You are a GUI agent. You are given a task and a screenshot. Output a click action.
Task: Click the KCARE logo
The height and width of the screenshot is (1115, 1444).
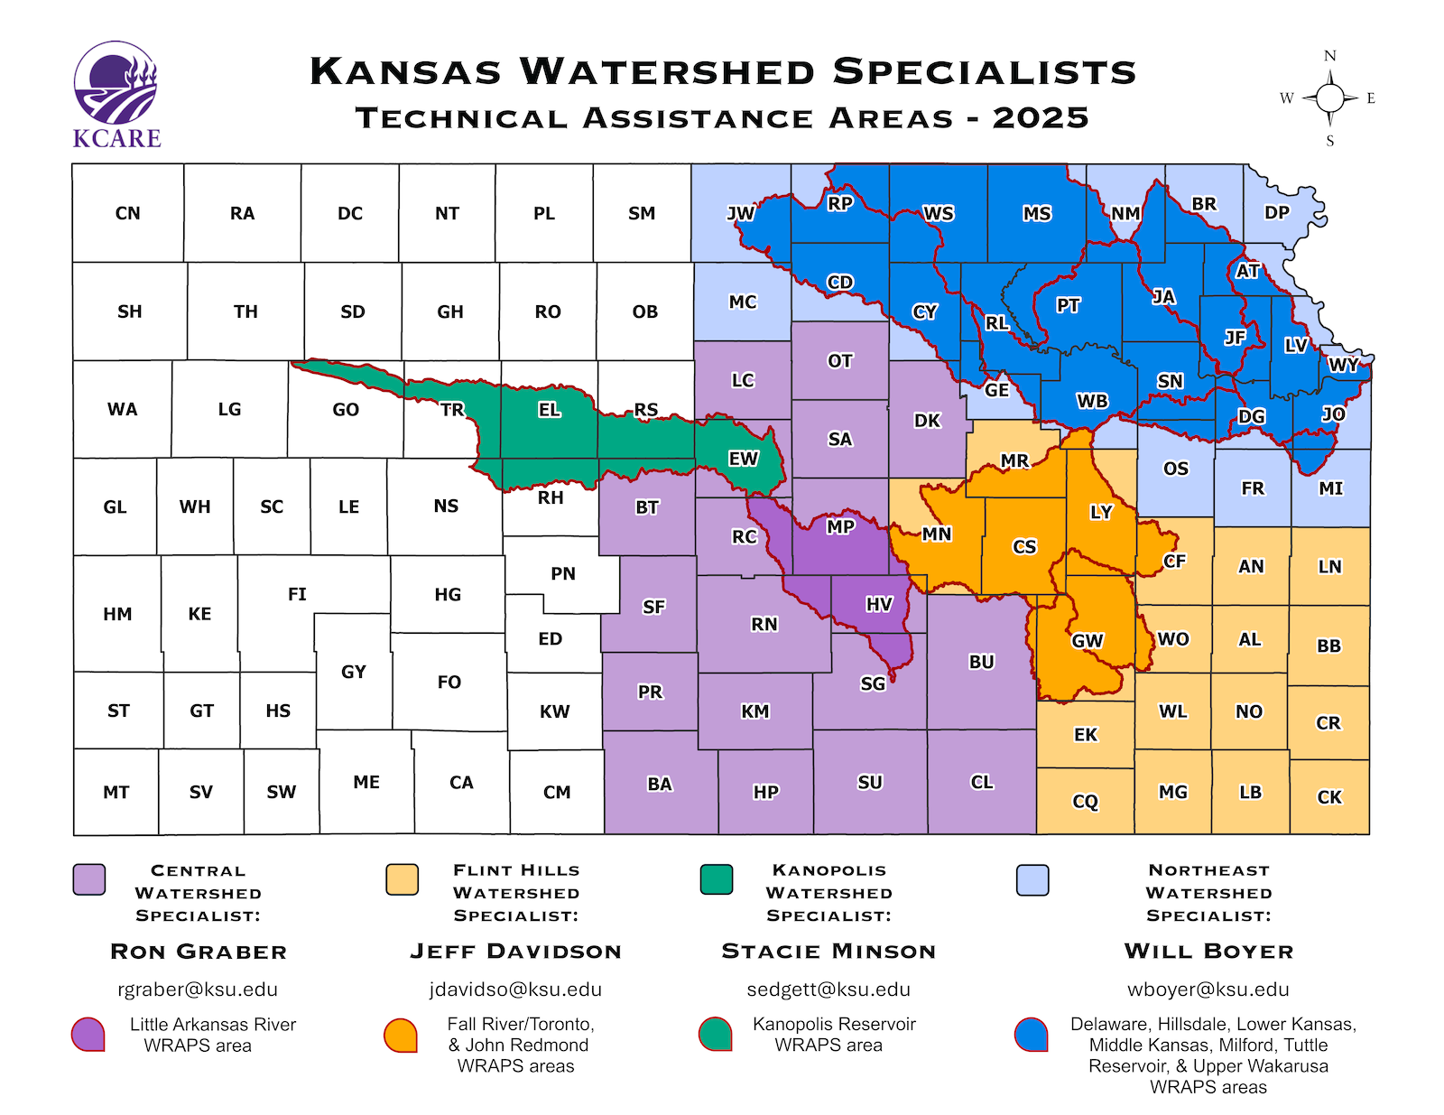click(x=116, y=95)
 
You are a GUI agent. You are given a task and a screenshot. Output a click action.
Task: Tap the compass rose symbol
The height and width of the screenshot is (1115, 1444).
click(x=1329, y=98)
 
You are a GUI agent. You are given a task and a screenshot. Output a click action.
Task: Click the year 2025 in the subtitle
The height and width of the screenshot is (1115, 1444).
click(x=1041, y=118)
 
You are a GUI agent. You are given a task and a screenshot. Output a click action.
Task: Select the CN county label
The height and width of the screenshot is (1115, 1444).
click(x=127, y=214)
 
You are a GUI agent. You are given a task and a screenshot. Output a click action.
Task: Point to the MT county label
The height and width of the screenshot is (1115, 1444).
click(x=116, y=793)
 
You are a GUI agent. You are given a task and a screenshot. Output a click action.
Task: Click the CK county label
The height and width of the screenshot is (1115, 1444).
click(x=1328, y=797)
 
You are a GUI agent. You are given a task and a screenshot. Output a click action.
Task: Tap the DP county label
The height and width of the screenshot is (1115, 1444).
click(x=1276, y=212)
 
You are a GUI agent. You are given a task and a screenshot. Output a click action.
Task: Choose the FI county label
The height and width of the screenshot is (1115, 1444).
click(x=297, y=594)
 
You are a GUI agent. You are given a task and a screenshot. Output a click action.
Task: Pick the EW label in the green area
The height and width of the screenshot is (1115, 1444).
click(x=743, y=459)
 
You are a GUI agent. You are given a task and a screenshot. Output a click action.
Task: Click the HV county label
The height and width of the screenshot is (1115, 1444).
click(x=878, y=604)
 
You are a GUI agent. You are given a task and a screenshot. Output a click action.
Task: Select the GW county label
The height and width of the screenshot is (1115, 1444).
click(x=1087, y=641)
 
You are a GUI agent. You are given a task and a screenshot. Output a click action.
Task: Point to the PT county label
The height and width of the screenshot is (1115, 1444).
click(x=1068, y=305)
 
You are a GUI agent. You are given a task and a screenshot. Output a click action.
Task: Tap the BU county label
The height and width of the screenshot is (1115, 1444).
click(x=981, y=662)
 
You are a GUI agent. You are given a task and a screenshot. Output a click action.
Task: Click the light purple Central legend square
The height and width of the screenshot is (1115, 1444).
click(x=89, y=879)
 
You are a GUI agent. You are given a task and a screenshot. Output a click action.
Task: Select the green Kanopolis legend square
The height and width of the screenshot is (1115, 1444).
click(x=716, y=878)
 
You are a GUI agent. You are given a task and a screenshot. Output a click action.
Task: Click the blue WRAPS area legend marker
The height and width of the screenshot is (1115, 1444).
click(x=1031, y=1035)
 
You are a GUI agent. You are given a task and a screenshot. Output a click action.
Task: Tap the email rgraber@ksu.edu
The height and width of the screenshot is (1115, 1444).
click(x=198, y=990)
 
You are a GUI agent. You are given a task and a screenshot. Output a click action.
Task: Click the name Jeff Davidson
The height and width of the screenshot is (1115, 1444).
click(x=515, y=952)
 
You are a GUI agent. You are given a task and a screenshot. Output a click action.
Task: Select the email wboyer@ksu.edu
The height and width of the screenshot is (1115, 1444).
click(x=1208, y=990)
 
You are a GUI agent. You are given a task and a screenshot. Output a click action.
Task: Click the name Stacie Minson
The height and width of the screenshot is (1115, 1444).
click(x=828, y=952)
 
